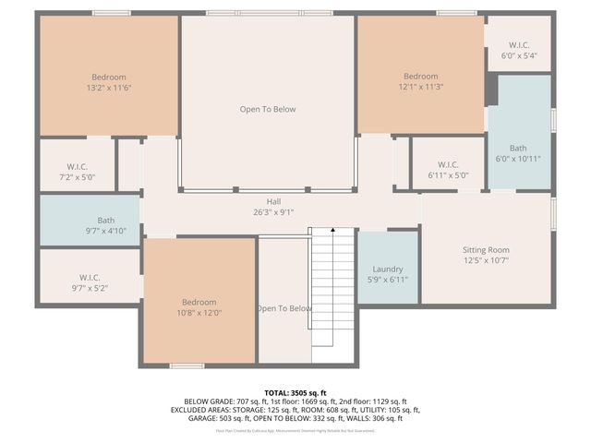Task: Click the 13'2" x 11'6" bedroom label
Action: [108, 77]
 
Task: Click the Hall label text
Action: [273, 201]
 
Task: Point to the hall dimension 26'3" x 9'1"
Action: [273, 213]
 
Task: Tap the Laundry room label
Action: [388, 269]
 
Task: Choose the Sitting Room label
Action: [486, 250]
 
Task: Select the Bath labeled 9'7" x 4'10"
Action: [106, 221]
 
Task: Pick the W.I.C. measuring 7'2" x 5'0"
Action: [76, 166]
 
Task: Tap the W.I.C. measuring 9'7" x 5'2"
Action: [90, 277]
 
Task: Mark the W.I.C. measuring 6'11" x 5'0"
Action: [448, 164]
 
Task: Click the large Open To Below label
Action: [268, 109]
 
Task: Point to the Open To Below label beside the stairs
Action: [284, 308]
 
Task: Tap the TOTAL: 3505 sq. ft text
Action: [295, 392]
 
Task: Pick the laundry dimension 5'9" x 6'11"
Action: [388, 280]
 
